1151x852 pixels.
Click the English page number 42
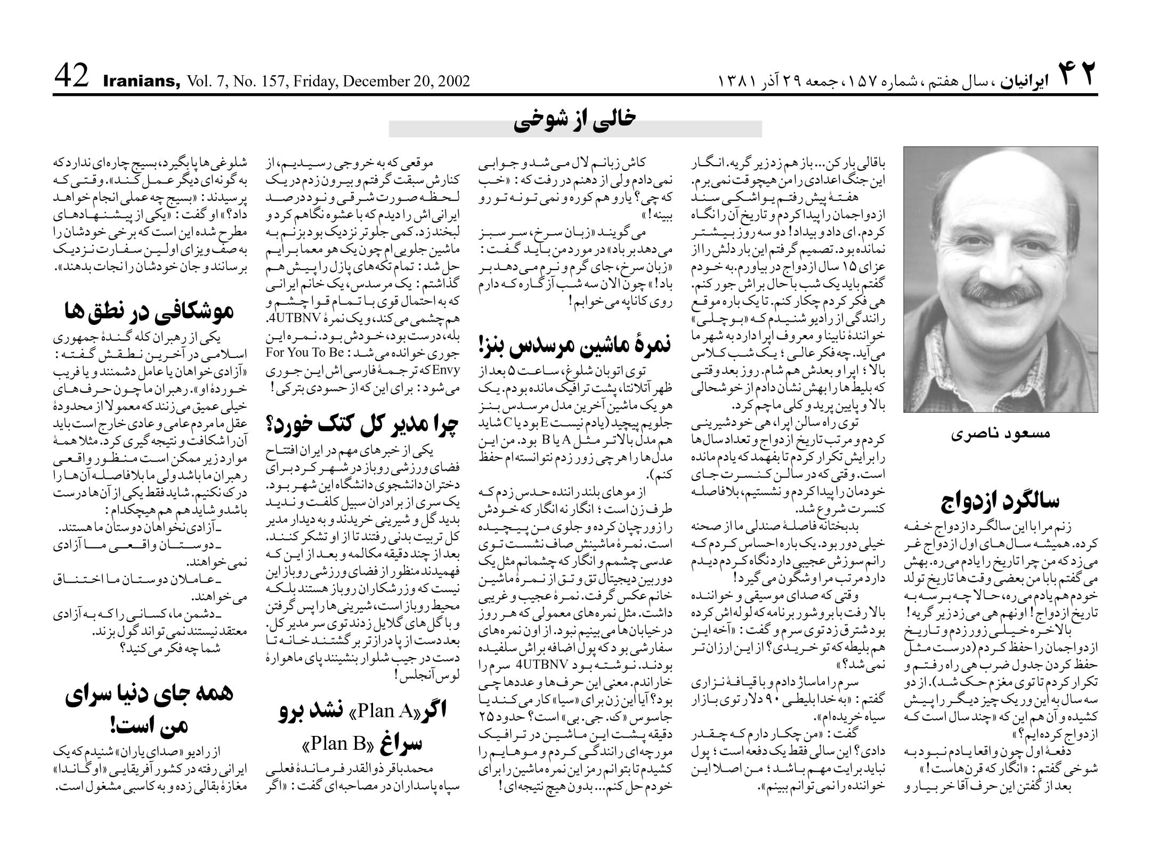click(x=71, y=77)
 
